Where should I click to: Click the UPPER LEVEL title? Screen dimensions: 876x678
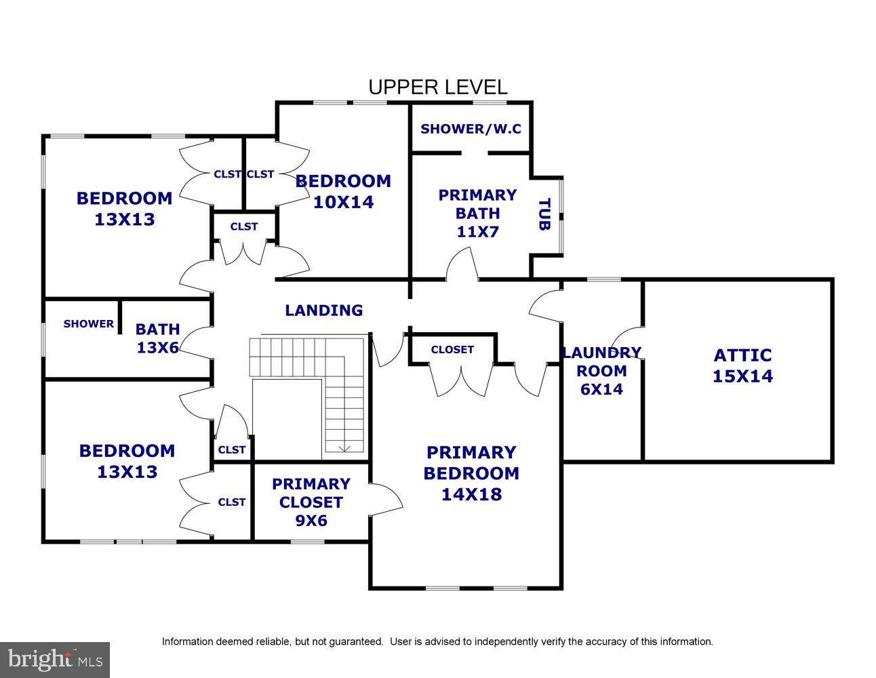pos(438,87)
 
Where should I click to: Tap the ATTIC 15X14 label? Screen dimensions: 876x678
pos(742,365)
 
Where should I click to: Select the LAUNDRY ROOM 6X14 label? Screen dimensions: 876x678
pos(601,370)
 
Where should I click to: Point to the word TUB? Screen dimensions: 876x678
pos(544,214)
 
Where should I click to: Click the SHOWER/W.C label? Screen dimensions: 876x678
pos(471,129)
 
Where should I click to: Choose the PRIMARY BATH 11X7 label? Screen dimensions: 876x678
pos(477,214)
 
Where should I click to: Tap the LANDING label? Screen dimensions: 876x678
pos(323,310)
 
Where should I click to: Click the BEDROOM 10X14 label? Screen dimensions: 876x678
pos(344,191)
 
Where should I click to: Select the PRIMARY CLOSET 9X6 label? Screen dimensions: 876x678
pos(311,502)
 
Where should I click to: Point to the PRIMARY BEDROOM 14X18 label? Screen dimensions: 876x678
pos(471,473)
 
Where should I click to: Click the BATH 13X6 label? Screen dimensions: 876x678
pos(157,338)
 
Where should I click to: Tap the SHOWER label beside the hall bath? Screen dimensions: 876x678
pos(89,323)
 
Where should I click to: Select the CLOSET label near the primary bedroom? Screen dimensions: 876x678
pos(452,349)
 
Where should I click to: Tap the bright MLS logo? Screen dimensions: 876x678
pos(55,660)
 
